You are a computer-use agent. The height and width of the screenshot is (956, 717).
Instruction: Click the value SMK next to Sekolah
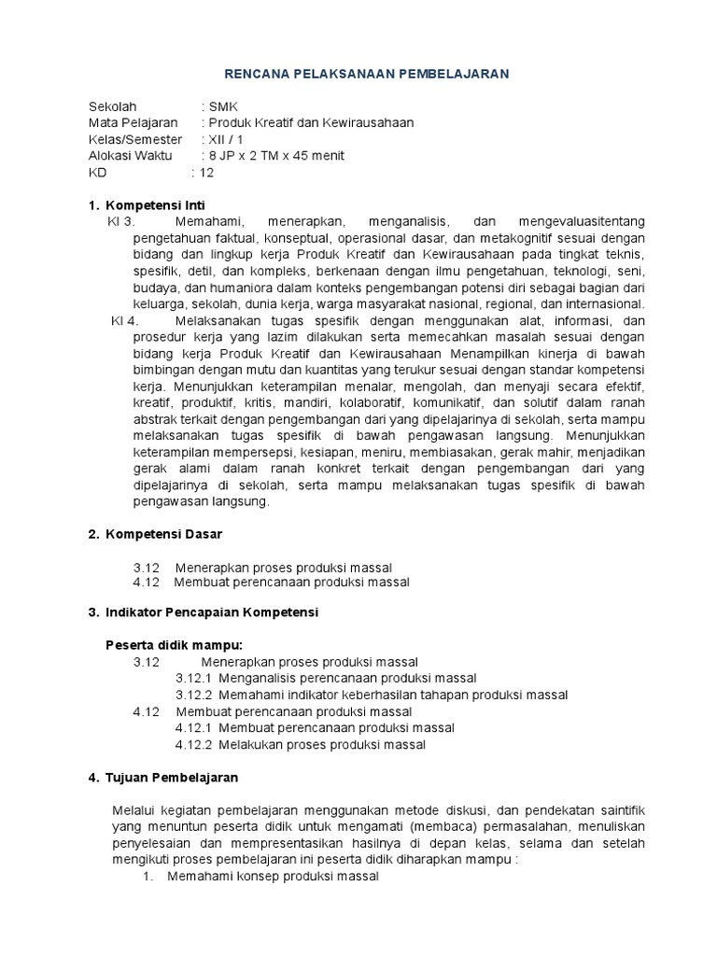pyautogui.click(x=224, y=106)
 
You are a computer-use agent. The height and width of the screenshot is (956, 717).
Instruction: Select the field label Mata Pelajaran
pyautogui.click(x=134, y=123)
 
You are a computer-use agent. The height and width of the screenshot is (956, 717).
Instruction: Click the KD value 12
pyautogui.click(x=206, y=173)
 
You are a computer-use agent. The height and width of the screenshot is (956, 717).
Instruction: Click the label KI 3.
pyautogui.click(x=122, y=221)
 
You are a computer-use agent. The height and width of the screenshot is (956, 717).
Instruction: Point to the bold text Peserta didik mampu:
pyautogui.click(x=174, y=644)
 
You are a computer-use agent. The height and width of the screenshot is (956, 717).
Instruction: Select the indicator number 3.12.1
pyautogui.click(x=194, y=678)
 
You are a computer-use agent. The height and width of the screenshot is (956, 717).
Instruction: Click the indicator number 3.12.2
pyautogui.click(x=194, y=695)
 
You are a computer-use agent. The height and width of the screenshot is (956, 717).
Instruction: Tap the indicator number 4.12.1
pyautogui.click(x=194, y=727)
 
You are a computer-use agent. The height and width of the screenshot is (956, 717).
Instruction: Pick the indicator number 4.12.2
pyautogui.click(x=194, y=744)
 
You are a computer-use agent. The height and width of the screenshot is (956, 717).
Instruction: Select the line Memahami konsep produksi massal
pyautogui.click(x=273, y=877)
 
